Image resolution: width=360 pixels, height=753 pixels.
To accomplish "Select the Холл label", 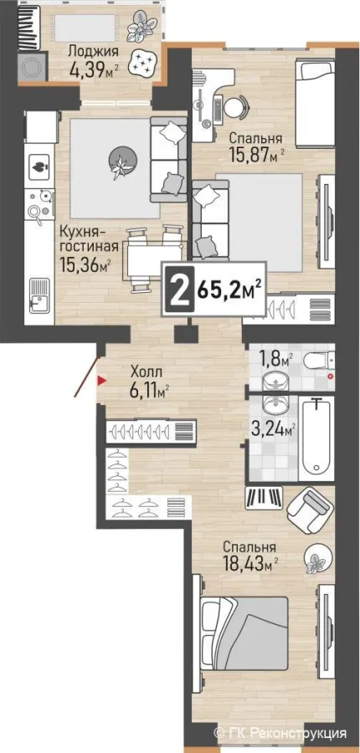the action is pyautogui.click(x=147, y=371).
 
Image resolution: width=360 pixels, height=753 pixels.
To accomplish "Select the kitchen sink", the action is pyautogui.click(x=39, y=296).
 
